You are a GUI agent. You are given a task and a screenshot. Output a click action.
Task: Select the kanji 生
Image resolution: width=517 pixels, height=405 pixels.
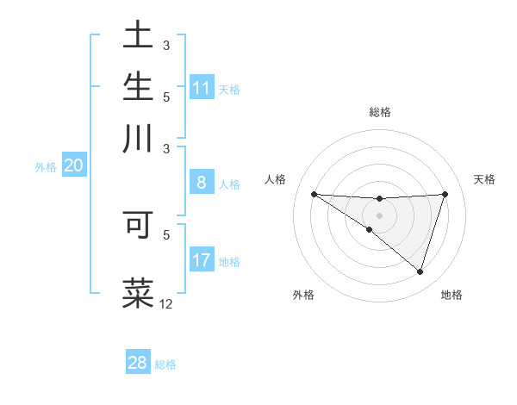point(138,87)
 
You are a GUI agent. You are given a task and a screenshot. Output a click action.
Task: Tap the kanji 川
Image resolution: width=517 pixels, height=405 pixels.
point(138,139)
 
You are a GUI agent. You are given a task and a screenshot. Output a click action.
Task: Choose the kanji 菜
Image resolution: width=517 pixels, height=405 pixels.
point(138,293)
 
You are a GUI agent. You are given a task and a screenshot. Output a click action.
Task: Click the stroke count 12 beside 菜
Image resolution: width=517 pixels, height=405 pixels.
point(166,303)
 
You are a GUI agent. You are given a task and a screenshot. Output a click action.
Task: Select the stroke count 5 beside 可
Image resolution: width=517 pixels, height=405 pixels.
point(166,234)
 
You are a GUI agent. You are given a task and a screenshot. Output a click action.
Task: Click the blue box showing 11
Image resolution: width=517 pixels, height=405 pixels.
point(202,88)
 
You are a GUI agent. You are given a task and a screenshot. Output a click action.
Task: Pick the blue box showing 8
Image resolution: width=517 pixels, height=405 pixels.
point(202,183)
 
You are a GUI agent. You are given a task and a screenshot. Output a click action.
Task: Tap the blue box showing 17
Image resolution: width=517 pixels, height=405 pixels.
point(202,260)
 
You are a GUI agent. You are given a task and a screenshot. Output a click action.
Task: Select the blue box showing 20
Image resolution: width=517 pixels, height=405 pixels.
point(73,166)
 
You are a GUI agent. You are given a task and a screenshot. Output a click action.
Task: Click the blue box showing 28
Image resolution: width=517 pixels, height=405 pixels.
point(137,363)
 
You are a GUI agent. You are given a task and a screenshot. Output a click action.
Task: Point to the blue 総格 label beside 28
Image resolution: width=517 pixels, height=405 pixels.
point(165,364)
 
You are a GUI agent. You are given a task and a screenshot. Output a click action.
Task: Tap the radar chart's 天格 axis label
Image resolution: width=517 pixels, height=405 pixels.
point(484,179)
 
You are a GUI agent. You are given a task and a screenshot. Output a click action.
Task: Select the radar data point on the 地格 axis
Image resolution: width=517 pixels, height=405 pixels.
point(420,271)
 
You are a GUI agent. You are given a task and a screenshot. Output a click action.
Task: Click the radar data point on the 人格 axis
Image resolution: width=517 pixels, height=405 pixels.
point(314,194)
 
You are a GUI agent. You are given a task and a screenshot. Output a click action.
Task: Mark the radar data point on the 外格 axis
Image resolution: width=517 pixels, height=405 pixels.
point(370,229)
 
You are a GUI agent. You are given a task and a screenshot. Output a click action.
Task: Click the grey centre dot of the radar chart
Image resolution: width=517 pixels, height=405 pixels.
point(379,215)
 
